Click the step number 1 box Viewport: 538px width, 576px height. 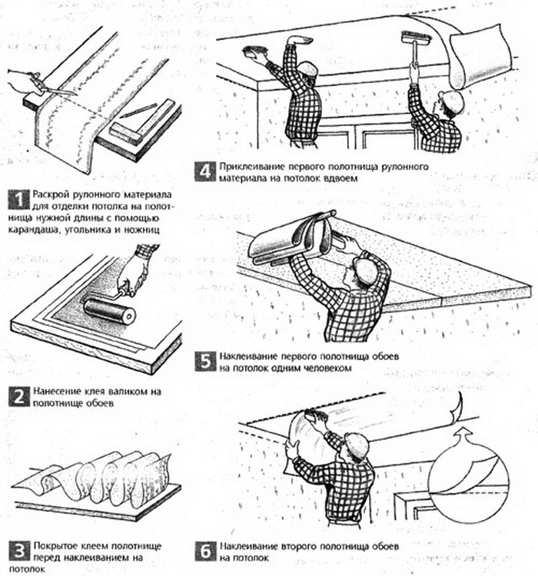point(18,200)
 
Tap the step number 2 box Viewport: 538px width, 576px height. point(18,397)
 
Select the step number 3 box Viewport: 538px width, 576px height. point(18,551)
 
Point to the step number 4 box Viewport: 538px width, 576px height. point(205,172)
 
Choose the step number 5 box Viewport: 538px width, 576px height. point(205,362)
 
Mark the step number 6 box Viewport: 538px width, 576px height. point(205,551)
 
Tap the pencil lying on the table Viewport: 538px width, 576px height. point(138,110)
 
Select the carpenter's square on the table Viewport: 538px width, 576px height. point(141,121)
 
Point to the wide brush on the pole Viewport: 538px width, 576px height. point(417,37)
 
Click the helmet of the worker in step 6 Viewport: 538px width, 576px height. point(357,445)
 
